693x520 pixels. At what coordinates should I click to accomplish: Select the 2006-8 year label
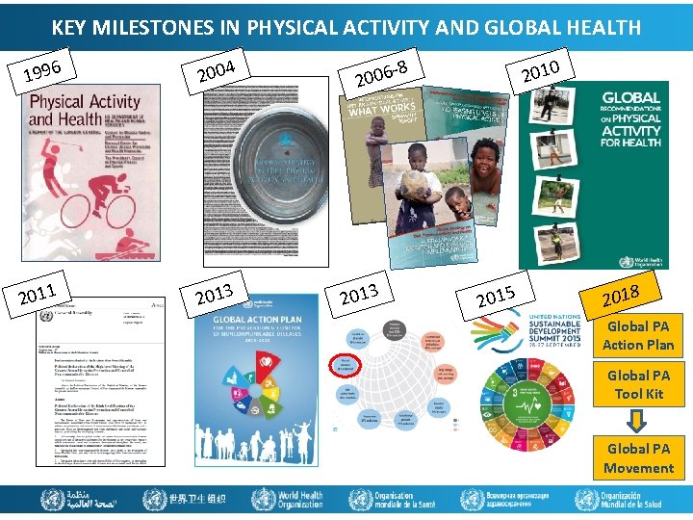pyautogui.click(x=382, y=70)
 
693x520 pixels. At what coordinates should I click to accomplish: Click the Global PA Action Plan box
pyautogui.click(x=638, y=335)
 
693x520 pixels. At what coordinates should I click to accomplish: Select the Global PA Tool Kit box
pyautogui.click(x=638, y=384)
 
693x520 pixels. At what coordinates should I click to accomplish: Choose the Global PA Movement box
pyautogui.click(x=638, y=457)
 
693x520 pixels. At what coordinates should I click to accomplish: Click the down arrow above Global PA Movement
pyautogui.click(x=638, y=420)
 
